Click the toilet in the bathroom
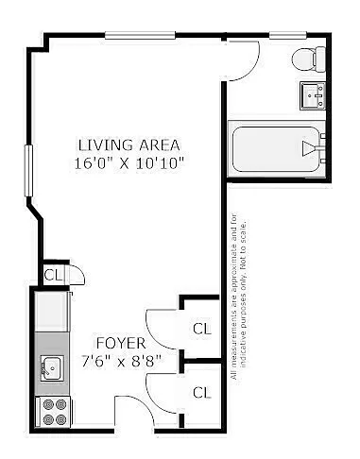[x=306, y=59]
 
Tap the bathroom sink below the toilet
[x=313, y=95]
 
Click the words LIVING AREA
[x=129, y=145]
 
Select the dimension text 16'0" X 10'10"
[x=129, y=162]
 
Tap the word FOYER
[x=120, y=342]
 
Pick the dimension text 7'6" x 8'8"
[x=121, y=360]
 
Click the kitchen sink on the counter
[x=51, y=367]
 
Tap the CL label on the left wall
[x=53, y=275]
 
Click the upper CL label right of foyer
[x=201, y=329]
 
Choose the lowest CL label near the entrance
[x=201, y=392]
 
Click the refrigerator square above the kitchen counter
[x=53, y=309]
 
